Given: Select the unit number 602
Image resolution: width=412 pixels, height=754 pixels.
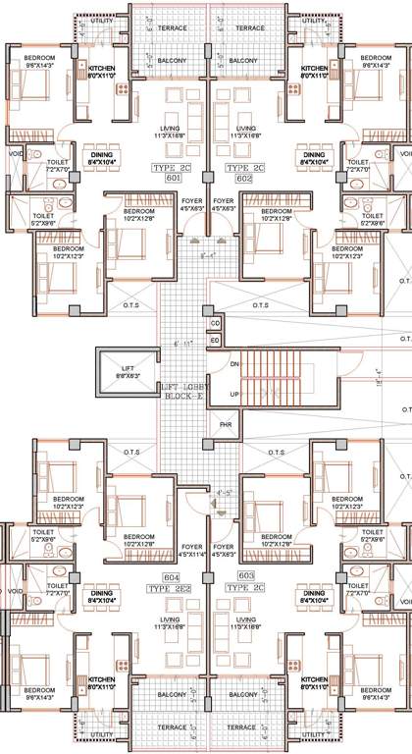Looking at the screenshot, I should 241,179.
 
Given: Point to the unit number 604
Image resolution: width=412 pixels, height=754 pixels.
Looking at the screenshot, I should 172,576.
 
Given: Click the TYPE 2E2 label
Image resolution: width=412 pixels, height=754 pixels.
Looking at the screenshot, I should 171,588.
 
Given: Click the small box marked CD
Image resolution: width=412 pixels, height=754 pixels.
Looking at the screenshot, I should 215,323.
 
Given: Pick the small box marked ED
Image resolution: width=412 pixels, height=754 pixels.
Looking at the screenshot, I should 215,340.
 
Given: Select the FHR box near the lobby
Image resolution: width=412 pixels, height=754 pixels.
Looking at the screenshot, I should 224,425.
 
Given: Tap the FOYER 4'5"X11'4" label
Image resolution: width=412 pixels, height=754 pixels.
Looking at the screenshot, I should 192,550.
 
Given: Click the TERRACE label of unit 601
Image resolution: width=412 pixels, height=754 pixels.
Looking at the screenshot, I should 168,28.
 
